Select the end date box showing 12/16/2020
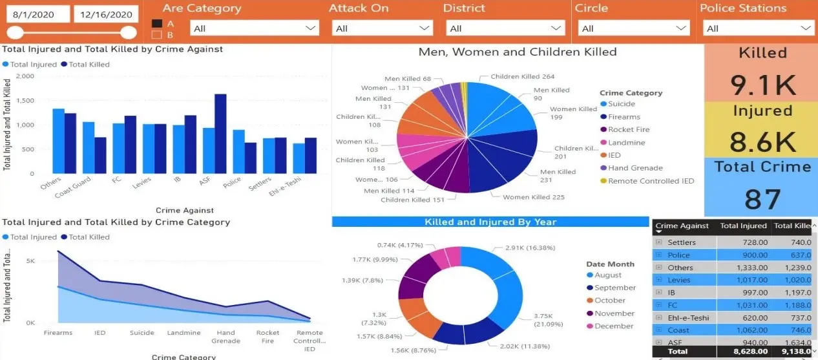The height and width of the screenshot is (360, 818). [105, 15]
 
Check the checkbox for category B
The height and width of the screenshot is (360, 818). [157, 36]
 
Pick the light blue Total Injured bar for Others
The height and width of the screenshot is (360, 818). [59, 141]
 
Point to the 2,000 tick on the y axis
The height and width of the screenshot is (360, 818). [25, 76]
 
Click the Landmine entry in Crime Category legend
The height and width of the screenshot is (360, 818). [626, 142]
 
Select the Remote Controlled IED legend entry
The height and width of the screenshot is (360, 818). [651, 181]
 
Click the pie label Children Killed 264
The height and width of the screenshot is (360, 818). [522, 77]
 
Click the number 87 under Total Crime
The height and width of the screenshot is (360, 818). [762, 199]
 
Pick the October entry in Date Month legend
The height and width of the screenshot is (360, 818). [609, 301]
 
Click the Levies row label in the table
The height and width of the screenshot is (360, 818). [679, 281]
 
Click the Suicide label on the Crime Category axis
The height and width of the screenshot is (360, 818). [142, 333]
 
